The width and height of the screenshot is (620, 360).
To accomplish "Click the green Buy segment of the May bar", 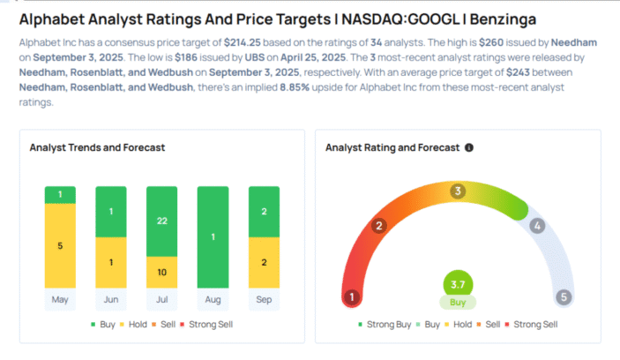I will [60, 194].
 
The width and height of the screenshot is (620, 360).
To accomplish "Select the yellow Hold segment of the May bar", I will [60, 246].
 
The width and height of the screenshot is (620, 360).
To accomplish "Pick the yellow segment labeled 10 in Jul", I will [162, 272].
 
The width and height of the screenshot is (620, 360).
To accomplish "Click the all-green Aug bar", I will [213, 237].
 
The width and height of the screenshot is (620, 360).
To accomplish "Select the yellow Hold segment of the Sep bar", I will [265, 263].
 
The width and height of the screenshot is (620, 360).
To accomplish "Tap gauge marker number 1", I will [352, 297].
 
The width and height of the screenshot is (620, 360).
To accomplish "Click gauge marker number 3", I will [457, 191].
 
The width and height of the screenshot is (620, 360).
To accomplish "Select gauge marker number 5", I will [562, 297].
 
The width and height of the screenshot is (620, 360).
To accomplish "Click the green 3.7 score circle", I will [457, 284].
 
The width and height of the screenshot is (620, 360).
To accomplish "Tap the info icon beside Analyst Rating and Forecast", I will [469, 147].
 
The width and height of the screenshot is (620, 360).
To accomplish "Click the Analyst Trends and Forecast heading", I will [97, 147].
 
